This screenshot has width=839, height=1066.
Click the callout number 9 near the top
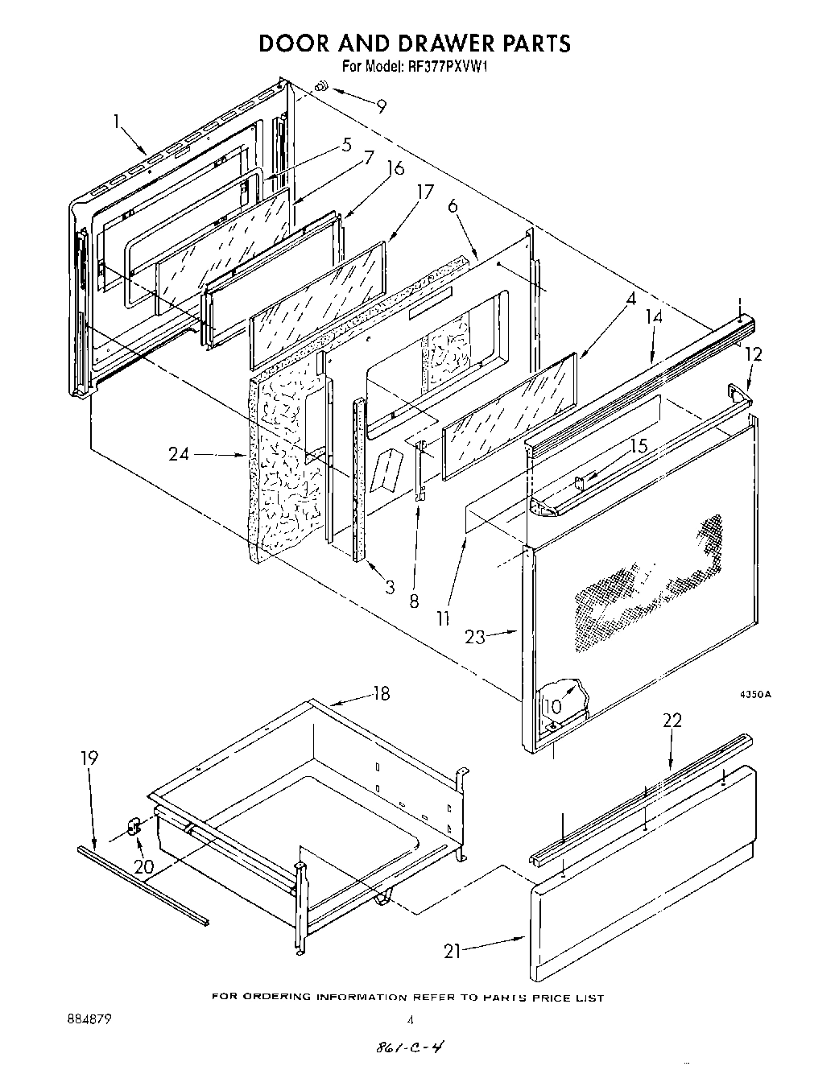point(381,105)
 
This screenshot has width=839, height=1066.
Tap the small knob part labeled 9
point(320,85)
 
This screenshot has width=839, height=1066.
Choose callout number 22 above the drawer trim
point(672,720)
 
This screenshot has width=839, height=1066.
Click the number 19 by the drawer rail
point(89,758)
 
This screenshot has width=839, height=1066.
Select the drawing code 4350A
point(755,695)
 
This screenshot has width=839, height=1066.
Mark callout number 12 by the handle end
point(752,353)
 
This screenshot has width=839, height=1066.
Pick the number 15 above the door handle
point(639,446)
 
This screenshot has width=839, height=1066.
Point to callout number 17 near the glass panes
point(425,192)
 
